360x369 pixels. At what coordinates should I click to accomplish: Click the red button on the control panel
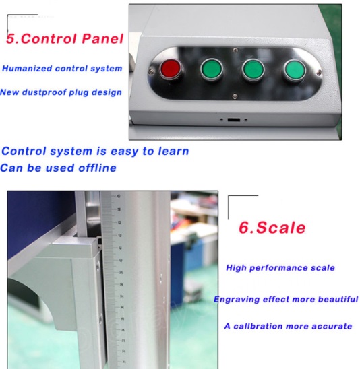(x=171, y=68)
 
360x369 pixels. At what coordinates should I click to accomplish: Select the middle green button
(x=253, y=68)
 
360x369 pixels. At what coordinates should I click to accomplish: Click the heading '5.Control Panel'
(x=65, y=39)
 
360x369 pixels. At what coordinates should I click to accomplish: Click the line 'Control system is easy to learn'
(x=95, y=151)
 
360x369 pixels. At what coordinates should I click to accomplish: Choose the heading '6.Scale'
(x=272, y=228)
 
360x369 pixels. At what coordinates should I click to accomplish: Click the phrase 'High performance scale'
(x=280, y=268)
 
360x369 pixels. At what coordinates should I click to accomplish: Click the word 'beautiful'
(x=335, y=299)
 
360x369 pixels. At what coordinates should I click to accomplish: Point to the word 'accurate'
(x=330, y=326)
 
